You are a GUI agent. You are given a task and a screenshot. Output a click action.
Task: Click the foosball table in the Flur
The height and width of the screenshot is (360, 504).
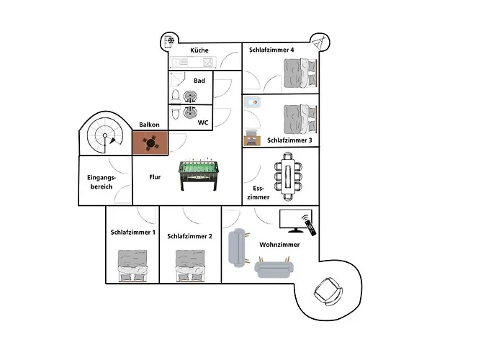199,174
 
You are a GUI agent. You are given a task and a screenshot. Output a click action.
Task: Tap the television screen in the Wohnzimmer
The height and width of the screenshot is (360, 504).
295,221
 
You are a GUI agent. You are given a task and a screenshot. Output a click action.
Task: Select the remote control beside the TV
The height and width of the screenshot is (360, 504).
309,225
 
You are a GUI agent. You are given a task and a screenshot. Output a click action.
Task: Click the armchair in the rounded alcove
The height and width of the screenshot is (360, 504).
328,291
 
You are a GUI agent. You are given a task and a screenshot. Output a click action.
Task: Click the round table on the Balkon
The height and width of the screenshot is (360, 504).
150,143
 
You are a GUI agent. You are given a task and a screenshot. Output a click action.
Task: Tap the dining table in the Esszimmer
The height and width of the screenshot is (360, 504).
288,176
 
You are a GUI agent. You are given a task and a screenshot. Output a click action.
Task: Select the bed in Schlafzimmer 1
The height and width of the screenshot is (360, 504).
132,266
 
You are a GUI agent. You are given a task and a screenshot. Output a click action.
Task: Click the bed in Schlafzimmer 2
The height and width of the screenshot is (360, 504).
190,266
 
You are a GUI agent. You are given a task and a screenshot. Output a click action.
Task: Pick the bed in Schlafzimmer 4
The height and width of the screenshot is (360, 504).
300,73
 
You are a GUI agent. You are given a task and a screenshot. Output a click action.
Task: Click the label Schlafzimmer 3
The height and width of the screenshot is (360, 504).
289,140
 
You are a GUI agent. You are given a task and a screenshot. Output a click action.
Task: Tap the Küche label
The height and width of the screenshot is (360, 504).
199,50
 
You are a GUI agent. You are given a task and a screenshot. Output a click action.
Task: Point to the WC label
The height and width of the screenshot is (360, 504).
203,122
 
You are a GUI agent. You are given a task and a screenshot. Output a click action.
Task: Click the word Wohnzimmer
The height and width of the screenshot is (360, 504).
279,245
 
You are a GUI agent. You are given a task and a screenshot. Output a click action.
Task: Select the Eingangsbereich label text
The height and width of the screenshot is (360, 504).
102,182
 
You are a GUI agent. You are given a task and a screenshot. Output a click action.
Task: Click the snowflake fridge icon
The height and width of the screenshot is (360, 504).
169,41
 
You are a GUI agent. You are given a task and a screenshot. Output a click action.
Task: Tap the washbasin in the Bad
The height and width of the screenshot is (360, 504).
190,96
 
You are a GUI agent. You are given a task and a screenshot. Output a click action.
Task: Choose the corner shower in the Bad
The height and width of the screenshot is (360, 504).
177,79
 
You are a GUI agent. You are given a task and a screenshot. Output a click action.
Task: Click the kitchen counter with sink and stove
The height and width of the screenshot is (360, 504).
193,62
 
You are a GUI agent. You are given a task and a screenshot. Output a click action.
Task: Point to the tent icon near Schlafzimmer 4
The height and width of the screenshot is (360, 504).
318,42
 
